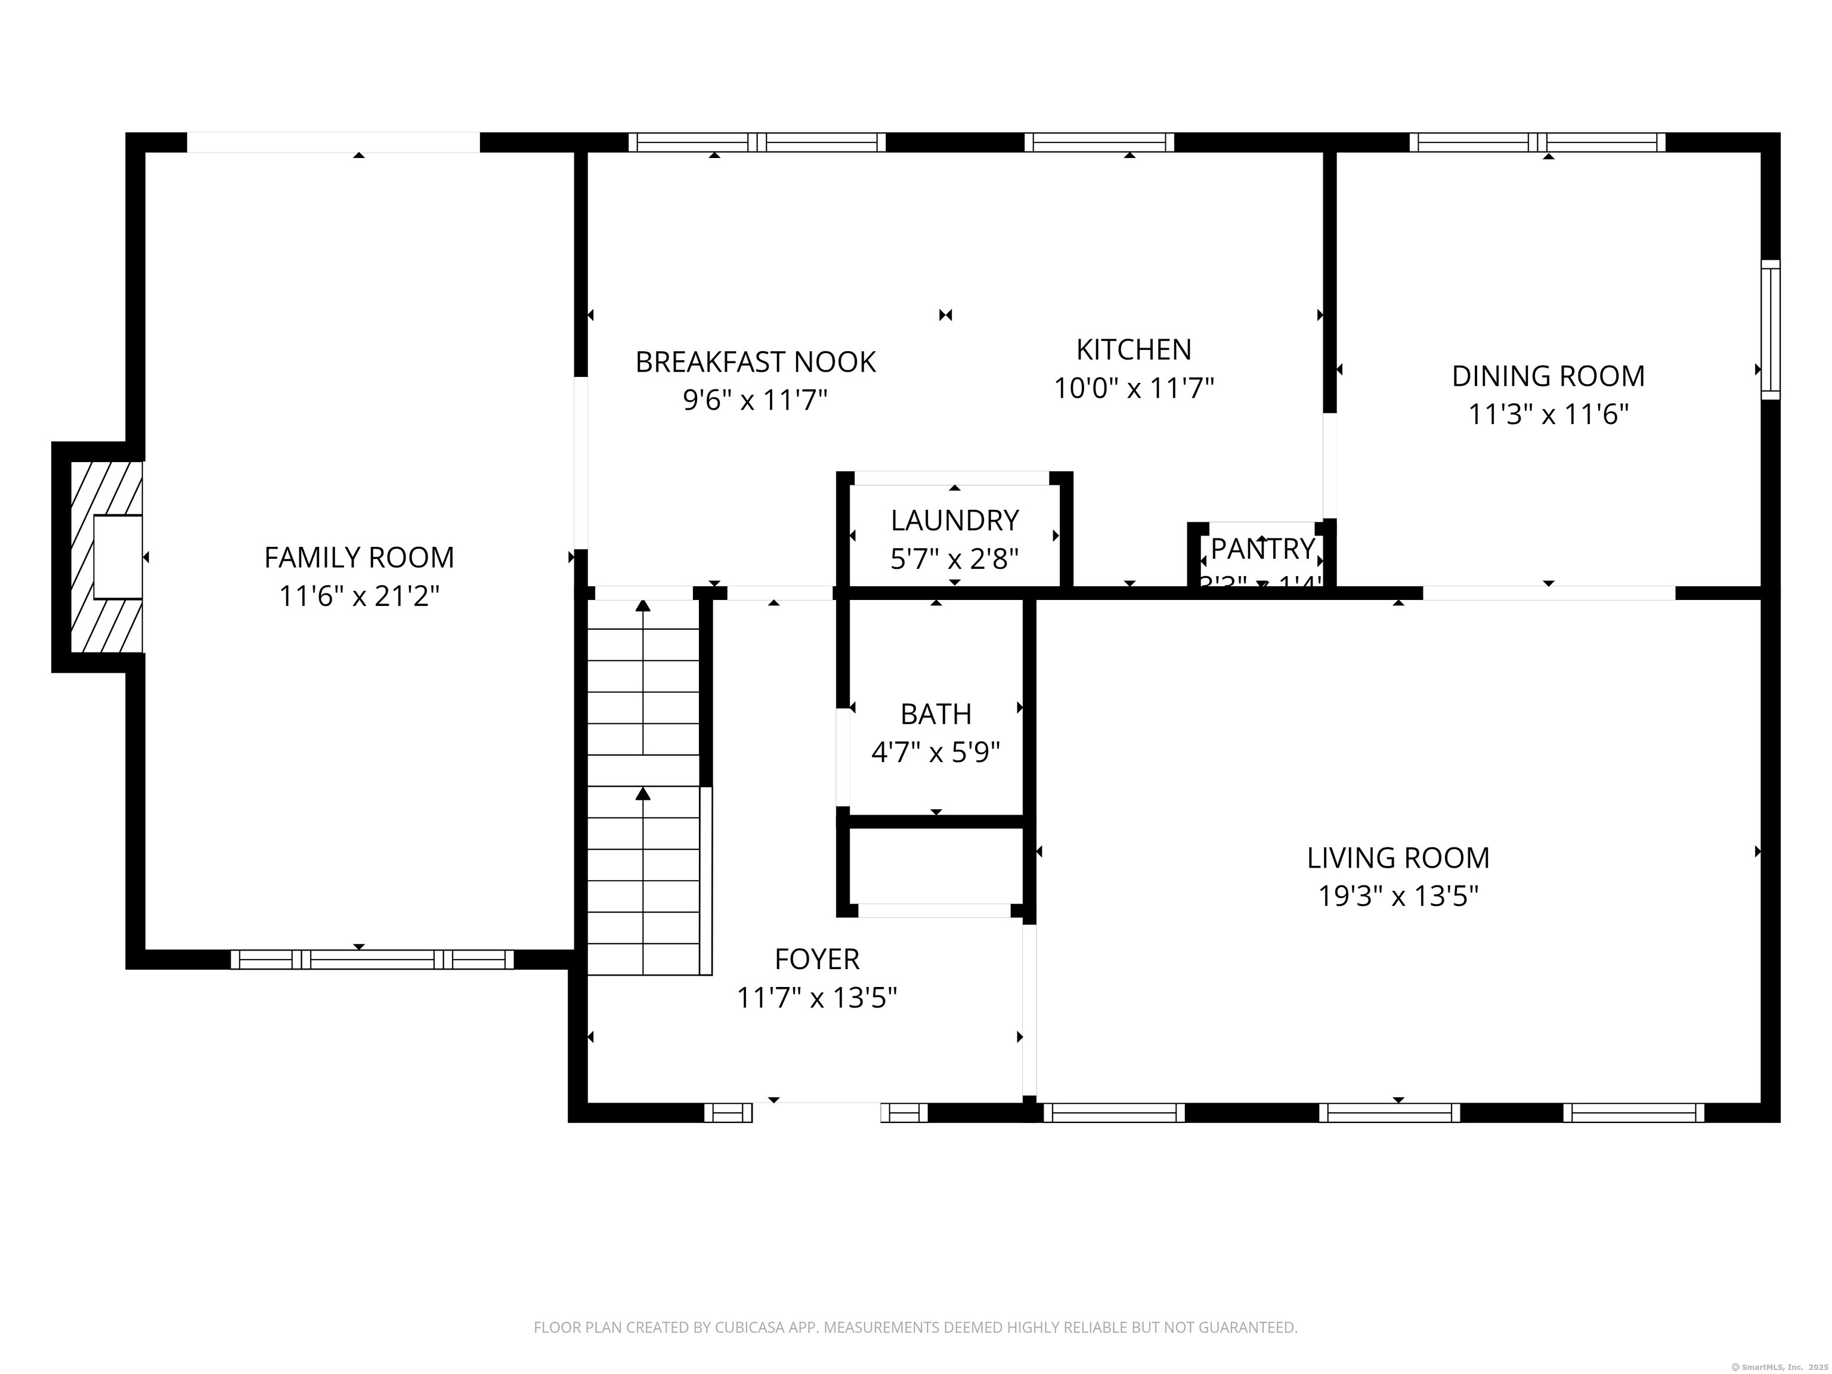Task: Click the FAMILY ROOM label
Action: pyautogui.click(x=358, y=558)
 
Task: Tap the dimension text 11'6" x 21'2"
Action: pyautogui.click(x=358, y=596)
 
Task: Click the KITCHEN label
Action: pyautogui.click(x=1133, y=349)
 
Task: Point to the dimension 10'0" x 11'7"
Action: pyautogui.click(x=1133, y=388)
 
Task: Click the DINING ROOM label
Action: pyautogui.click(x=1547, y=376)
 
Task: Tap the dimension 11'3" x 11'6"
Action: pyautogui.click(x=1547, y=414)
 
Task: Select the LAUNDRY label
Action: pyautogui.click(x=954, y=520)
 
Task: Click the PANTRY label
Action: pyautogui.click(x=1262, y=548)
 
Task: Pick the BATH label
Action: pyautogui.click(x=935, y=714)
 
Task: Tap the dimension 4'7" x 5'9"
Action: pyautogui.click(x=935, y=752)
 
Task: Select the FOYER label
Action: pyautogui.click(x=816, y=959)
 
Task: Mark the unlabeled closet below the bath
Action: pyautogui.click(x=935, y=865)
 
